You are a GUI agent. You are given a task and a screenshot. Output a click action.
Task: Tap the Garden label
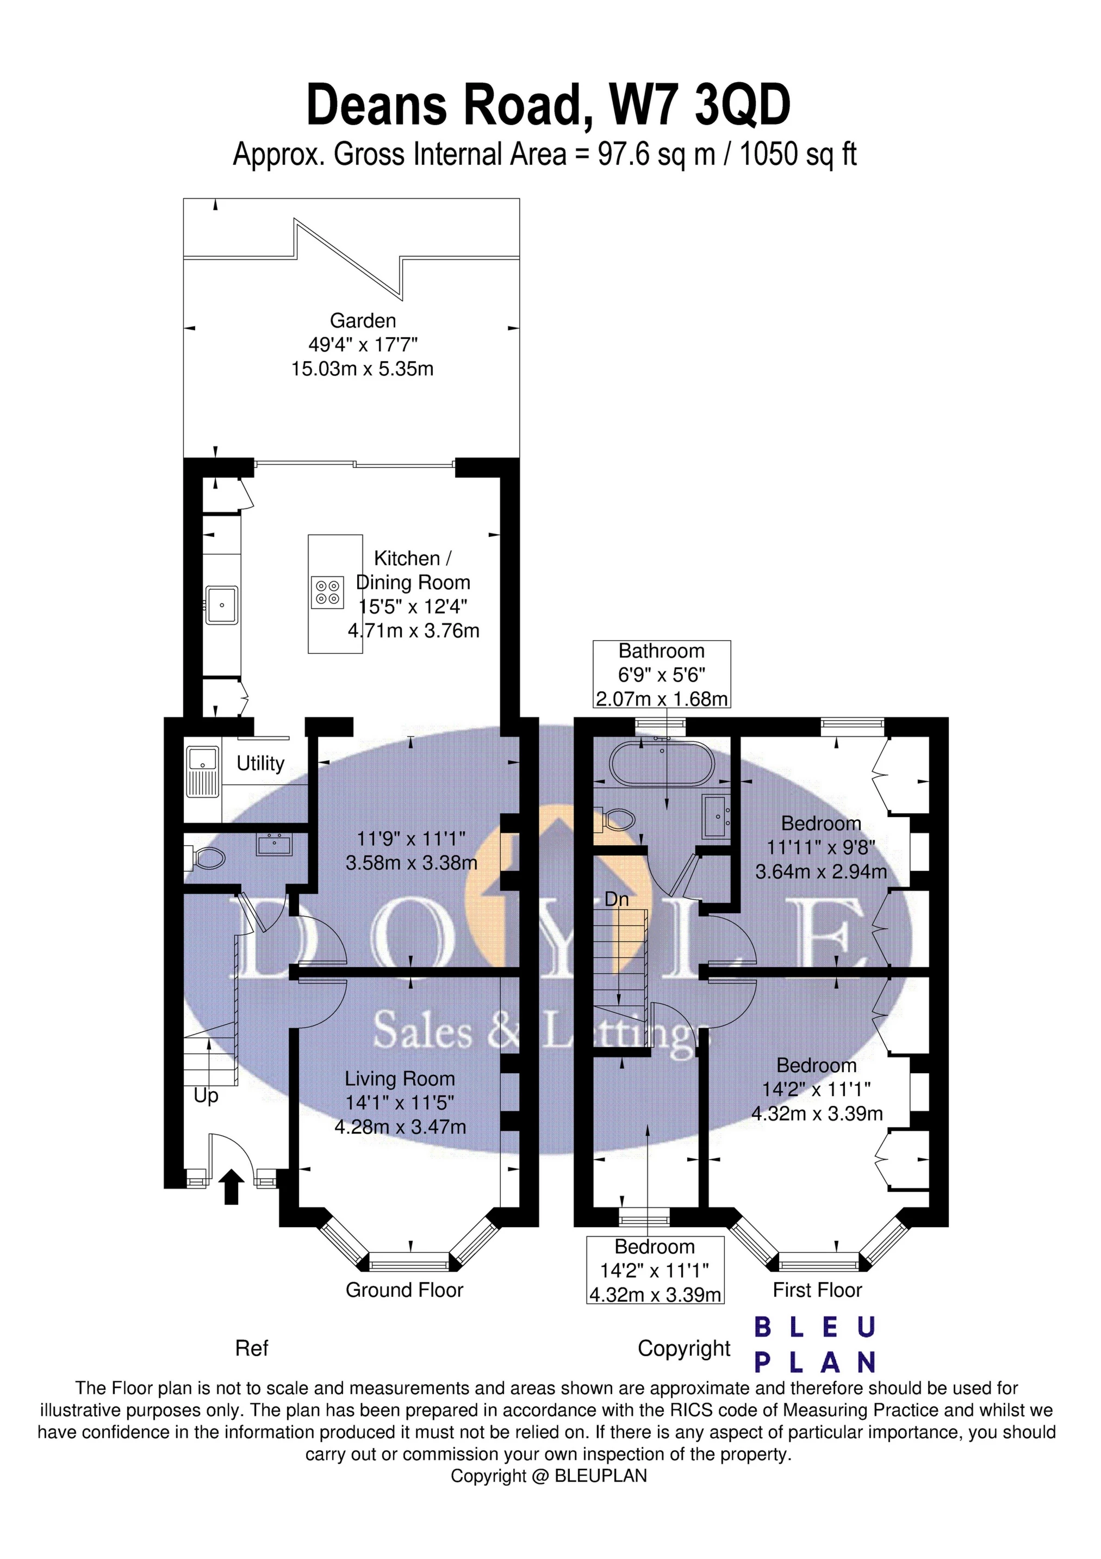click(363, 320)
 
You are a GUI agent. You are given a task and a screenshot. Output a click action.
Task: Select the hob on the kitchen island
click(327, 591)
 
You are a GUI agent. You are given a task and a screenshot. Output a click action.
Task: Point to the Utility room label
click(260, 764)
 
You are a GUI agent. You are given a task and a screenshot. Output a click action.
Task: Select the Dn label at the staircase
click(617, 900)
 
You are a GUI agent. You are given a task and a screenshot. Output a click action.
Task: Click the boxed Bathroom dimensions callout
click(662, 675)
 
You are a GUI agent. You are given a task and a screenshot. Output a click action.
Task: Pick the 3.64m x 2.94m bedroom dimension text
click(822, 871)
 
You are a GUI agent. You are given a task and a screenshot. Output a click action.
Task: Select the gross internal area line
click(544, 155)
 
